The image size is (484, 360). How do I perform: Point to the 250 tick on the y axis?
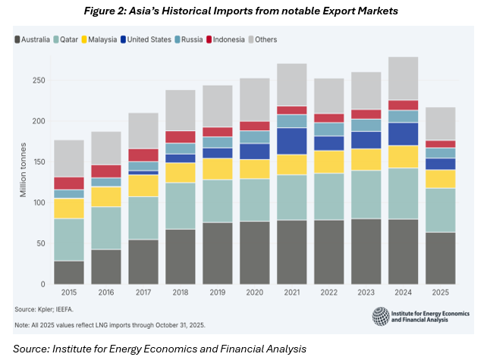coord(39,80)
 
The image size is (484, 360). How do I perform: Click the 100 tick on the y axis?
coord(39,202)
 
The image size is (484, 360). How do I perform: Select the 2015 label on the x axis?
coord(68,293)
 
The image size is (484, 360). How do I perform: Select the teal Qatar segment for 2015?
coord(68,239)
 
